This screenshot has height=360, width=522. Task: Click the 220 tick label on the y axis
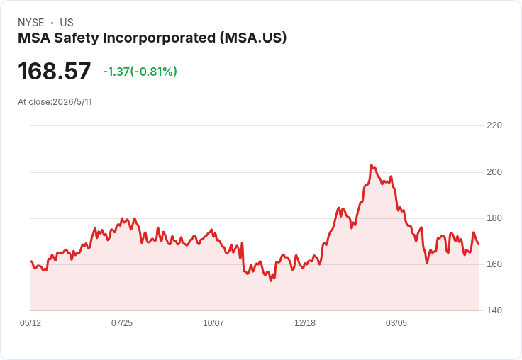(x=494, y=125)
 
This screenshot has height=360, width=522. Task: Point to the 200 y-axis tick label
(x=494, y=172)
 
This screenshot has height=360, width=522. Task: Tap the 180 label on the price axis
(x=494, y=218)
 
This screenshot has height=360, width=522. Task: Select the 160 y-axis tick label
(x=494, y=264)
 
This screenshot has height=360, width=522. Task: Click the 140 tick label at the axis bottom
(x=494, y=310)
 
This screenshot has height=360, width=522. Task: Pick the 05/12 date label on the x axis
(x=30, y=323)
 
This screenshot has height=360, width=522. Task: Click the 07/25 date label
(x=122, y=323)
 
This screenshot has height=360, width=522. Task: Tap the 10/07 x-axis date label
(x=213, y=323)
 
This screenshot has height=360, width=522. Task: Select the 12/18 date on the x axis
(x=305, y=323)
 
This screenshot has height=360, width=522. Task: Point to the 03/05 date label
(x=396, y=323)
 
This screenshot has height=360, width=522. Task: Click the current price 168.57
(x=55, y=71)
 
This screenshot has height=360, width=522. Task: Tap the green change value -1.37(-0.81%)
(x=140, y=72)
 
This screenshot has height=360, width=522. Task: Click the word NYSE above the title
(x=31, y=23)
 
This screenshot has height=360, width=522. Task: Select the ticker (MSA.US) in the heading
(x=253, y=38)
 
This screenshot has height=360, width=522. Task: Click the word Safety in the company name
(x=77, y=38)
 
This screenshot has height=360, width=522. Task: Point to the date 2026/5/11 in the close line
(x=72, y=102)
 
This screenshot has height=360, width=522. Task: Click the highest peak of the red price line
(x=372, y=165)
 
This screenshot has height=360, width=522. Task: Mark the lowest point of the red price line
(x=271, y=281)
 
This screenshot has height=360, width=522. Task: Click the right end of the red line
(x=479, y=244)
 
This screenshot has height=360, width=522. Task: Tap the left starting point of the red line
(x=31, y=261)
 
